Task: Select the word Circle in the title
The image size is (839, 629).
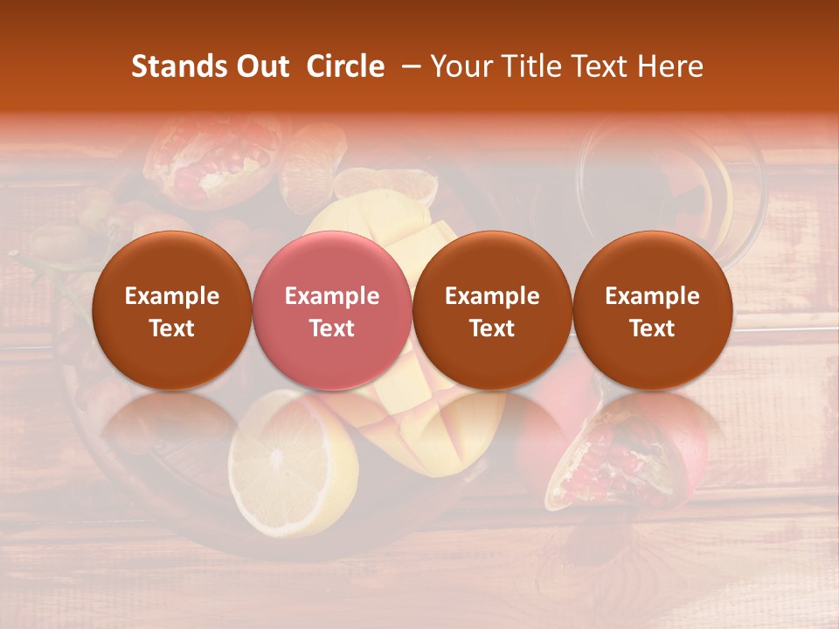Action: pos(345,66)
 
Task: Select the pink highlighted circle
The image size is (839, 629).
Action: pos(331,311)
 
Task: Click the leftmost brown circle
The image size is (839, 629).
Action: pos(171,311)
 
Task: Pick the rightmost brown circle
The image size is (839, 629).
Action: pos(652,311)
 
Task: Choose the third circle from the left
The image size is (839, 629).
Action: pos(492,311)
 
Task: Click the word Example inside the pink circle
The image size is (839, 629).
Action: pos(332,296)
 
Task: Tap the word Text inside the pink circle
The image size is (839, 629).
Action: pos(332,328)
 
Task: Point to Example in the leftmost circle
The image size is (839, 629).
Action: pos(172,296)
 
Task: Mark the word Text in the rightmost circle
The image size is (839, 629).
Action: pos(652,328)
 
